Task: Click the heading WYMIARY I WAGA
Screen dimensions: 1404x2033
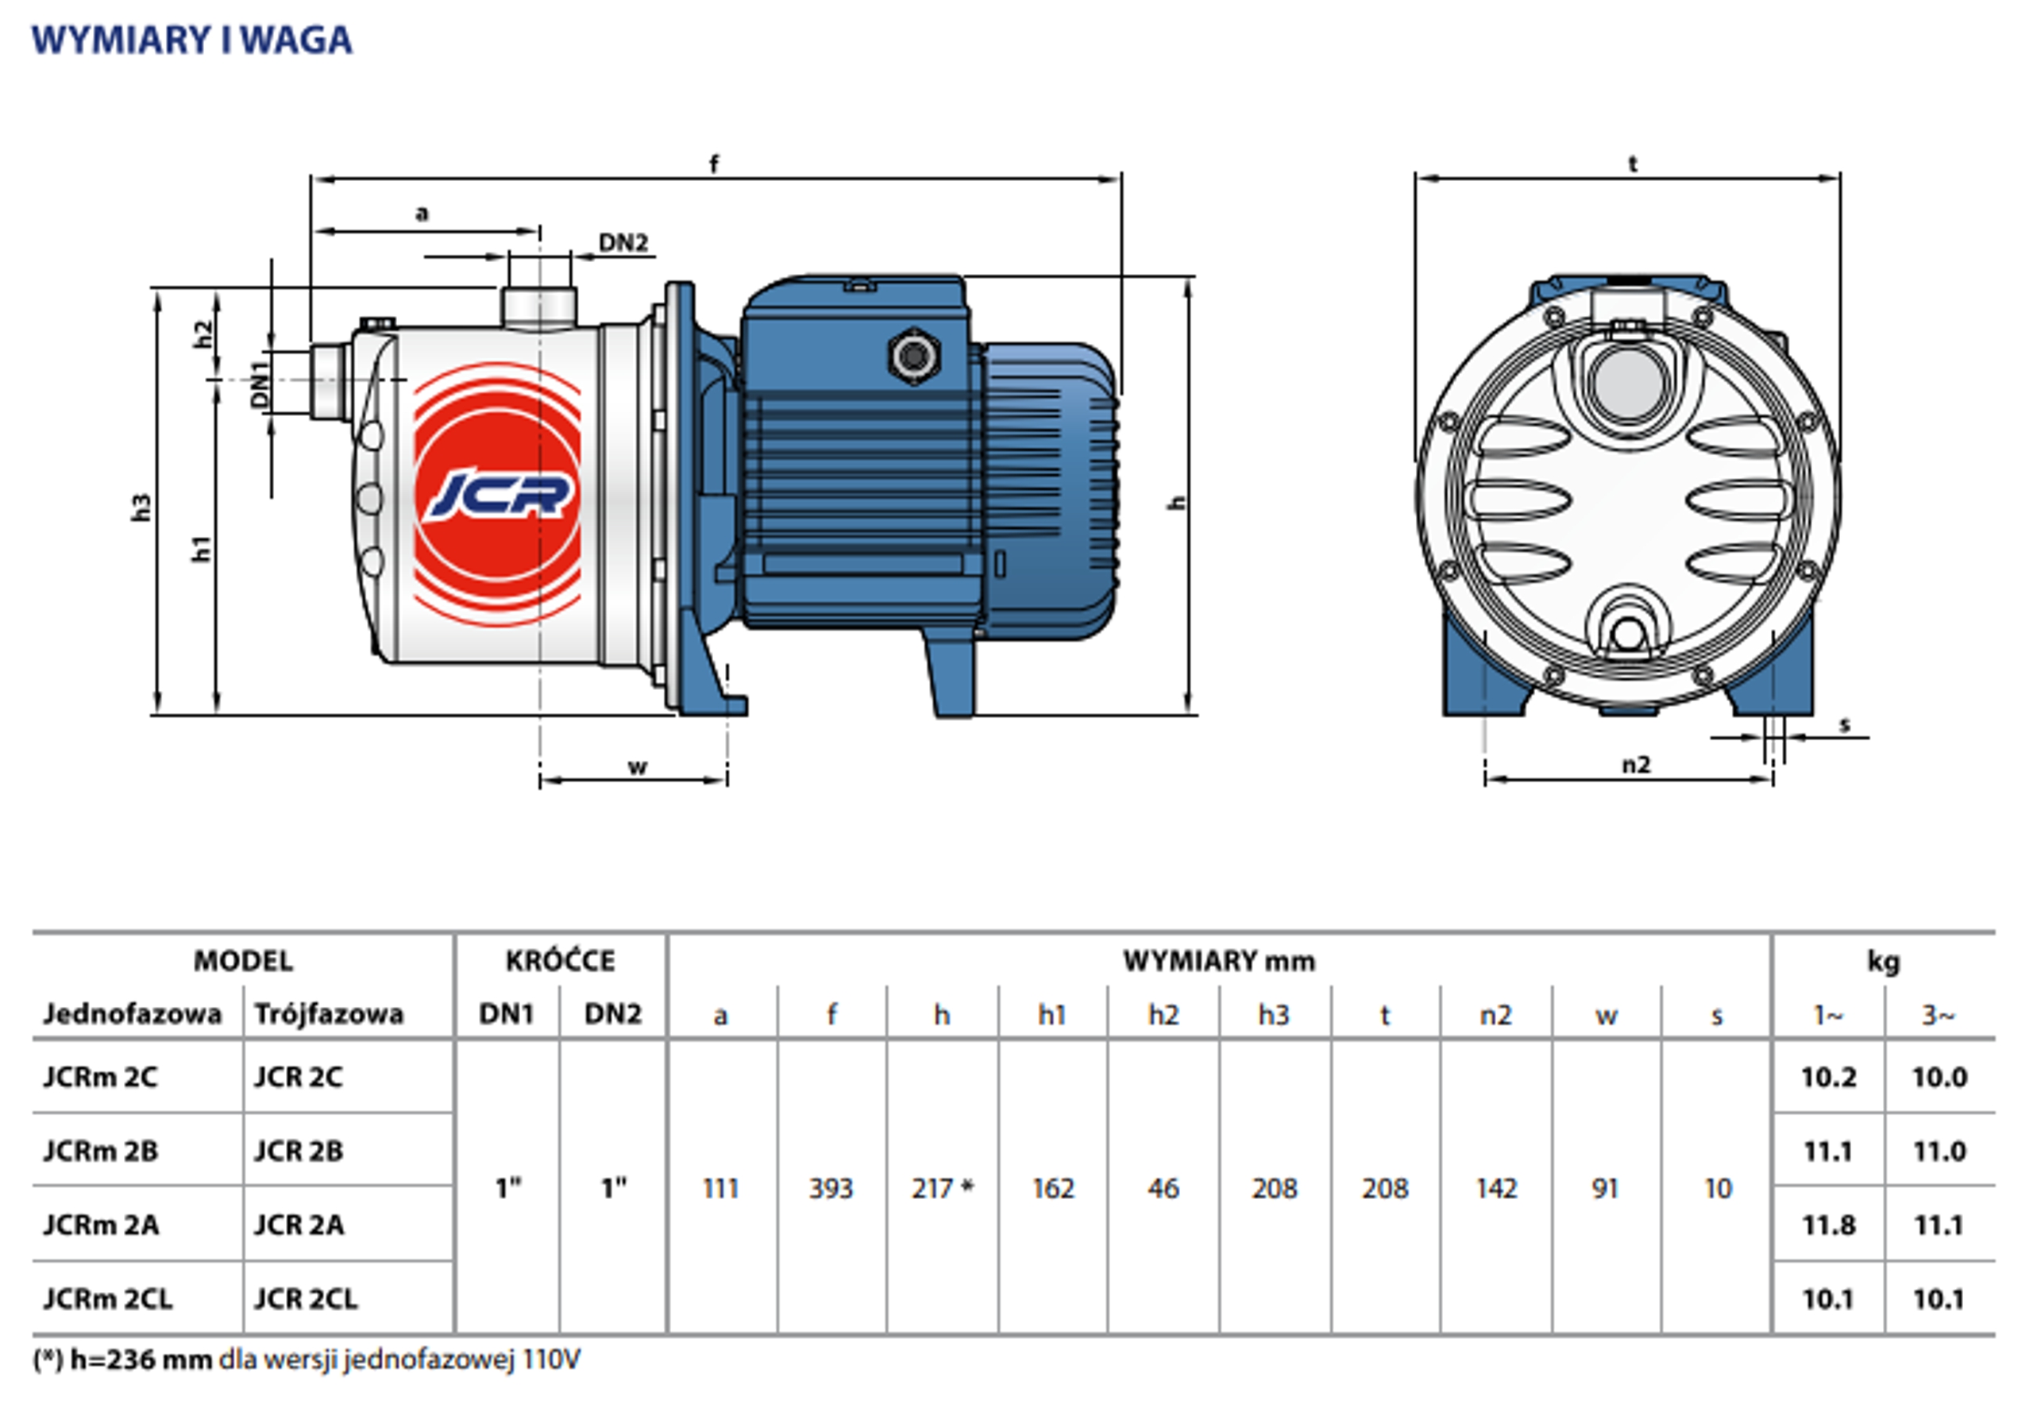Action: (191, 40)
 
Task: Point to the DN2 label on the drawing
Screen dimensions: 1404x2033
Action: (623, 243)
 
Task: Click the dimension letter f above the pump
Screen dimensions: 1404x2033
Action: (713, 164)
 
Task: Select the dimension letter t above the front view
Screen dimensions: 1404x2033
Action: (1633, 164)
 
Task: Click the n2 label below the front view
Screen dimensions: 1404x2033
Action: (1636, 765)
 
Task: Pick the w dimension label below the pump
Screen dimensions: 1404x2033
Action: (637, 766)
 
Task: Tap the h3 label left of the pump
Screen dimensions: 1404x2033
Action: (141, 507)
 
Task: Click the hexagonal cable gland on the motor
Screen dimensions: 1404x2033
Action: (914, 357)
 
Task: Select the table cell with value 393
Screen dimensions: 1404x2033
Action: (831, 1189)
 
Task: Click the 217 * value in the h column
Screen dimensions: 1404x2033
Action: (942, 1189)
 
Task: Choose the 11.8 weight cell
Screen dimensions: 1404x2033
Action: (1828, 1225)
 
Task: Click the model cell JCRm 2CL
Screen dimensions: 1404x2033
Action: (108, 1298)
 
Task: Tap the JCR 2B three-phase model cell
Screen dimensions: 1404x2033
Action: (299, 1151)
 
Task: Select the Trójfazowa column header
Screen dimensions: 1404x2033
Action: (329, 1014)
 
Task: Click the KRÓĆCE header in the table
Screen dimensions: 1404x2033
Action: (561, 961)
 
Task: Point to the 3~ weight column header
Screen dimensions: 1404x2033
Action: (1938, 1015)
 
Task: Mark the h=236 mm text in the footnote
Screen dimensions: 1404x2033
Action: (141, 1360)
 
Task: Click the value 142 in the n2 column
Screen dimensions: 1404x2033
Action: (1495, 1189)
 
